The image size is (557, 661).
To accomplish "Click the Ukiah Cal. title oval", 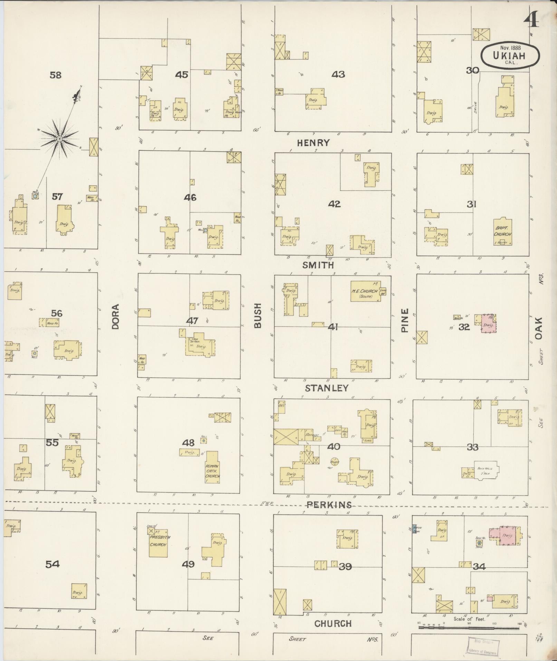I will pyautogui.click(x=510, y=55).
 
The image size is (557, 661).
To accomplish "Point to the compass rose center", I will pyautogui.click(x=59, y=139).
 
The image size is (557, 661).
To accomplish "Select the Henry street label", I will pyautogui.click(x=313, y=142).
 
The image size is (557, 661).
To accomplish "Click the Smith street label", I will pyautogui.click(x=318, y=265).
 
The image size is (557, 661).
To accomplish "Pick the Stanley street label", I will pyautogui.click(x=326, y=388).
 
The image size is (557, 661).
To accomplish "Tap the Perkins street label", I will pyautogui.click(x=329, y=505).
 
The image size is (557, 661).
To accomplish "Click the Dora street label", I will pyautogui.click(x=115, y=316).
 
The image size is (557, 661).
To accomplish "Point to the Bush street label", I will pyautogui.click(x=258, y=315).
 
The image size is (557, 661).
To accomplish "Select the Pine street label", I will pyautogui.click(x=405, y=320).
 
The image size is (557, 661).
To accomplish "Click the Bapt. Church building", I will pyautogui.click(x=502, y=232).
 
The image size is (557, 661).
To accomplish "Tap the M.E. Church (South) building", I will pyautogui.click(x=365, y=291).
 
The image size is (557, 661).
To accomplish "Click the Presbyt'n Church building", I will pyautogui.click(x=158, y=542).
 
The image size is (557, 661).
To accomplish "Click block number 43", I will pyautogui.click(x=338, y=74).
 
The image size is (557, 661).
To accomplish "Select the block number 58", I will pyautogui.click(x=56, y=75).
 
